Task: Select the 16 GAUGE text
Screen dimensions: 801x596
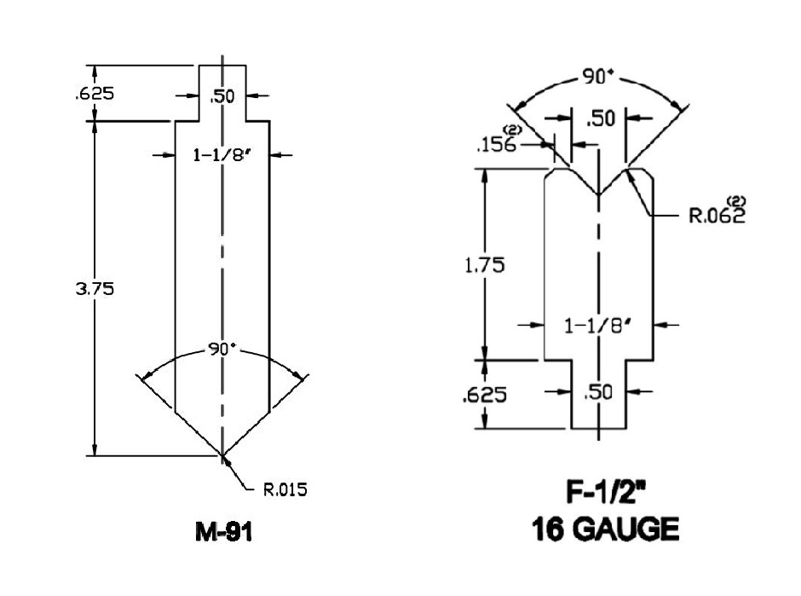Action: pos(605,529)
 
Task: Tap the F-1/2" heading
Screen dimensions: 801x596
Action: pos(606,492)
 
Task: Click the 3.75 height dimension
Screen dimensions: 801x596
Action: pos(95,289)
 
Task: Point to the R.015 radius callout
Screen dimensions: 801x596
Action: pos(285,489)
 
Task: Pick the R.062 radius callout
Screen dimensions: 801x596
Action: pos(717,216)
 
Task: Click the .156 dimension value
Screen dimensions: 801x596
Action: pos(497,145)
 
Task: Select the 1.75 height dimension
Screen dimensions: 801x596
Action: pos(485,265)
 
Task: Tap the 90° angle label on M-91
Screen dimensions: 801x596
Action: pos(222,350)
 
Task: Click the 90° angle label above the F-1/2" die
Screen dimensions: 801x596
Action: pos(597,77)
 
